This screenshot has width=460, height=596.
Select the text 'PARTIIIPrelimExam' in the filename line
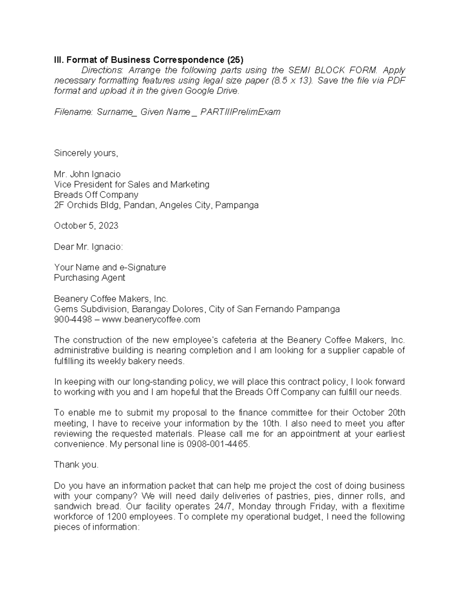click(240, 112)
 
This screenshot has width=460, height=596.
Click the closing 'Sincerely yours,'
click(86, 153)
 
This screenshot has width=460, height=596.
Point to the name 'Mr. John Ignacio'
click(87, 174)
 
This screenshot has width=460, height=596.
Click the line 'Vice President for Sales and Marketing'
click(131, 185)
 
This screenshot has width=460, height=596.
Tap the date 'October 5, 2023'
click(86, 226)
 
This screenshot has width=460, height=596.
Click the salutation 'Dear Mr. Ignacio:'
click(89, 247)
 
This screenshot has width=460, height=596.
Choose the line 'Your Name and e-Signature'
click(110, 267)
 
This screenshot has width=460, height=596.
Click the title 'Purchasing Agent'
click(89, 278)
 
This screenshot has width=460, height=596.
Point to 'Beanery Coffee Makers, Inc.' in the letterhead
click(111, 299)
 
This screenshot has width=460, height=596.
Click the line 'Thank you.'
click(76, 465)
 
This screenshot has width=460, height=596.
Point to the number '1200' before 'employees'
click(117, 517)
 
